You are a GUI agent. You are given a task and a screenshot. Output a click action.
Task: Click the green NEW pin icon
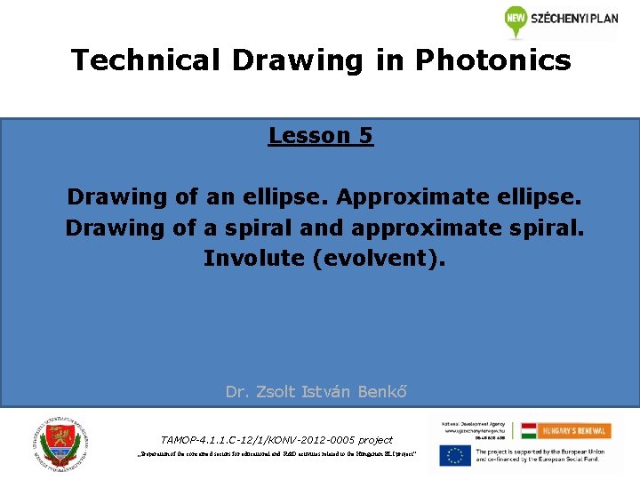click(516, 20)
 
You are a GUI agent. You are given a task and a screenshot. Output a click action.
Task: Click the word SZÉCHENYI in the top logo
click(557, 19)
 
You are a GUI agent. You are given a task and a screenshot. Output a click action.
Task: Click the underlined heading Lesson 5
click(320, 136)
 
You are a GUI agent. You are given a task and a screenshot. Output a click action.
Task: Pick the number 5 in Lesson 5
click(365, 136)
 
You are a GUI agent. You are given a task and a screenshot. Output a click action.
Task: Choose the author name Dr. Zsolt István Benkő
click(316, 391)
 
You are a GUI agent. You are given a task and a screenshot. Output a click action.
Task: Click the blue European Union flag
click(454, 455)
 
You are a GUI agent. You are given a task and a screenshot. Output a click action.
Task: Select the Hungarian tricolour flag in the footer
click(529, 431)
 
